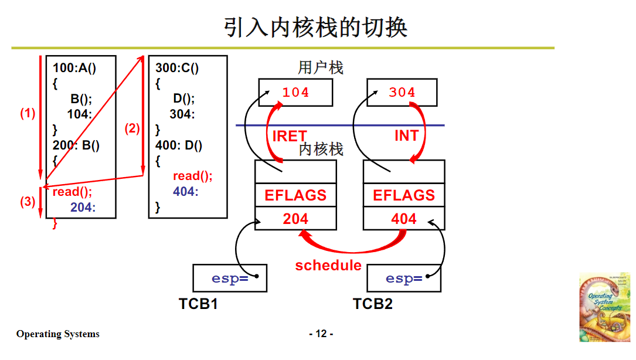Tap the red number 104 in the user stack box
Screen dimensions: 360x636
295,93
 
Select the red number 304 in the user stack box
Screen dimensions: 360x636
402,93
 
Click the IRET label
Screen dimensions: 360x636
290,136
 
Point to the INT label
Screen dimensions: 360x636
406,136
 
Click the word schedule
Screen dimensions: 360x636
328,266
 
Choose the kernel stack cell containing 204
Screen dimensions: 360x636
295,219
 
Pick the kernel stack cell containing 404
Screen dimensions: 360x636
404,219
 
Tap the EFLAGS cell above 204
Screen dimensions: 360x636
295,195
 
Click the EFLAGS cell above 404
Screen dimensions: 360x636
404,195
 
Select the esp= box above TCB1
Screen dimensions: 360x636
230,279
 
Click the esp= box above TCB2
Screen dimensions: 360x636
404,279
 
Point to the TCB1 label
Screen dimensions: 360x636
198,304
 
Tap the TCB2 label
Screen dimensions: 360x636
373,304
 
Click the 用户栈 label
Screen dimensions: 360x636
321,68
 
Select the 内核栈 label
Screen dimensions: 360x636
321,150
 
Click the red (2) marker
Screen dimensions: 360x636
132,128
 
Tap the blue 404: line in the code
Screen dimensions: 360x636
185,191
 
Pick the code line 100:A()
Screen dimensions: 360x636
74,68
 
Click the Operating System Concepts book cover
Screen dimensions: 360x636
604,307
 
